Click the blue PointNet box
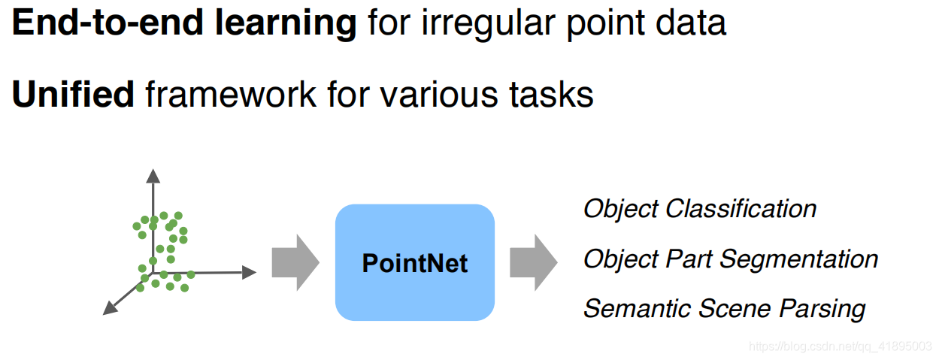pyautogui.click(x=414, y=263)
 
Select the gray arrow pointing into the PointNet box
pyautogui.click(x=295, y=262)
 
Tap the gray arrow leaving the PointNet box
pyautogui.click(x=533, y=262)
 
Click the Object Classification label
pyautogui.click(x=700, y=209)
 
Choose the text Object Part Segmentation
pyautogui.click(x=730, y=259)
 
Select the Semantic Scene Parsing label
pyautogui.click(x=724, y=309)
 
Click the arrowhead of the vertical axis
pyautogui.click(x=153, y=176)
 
